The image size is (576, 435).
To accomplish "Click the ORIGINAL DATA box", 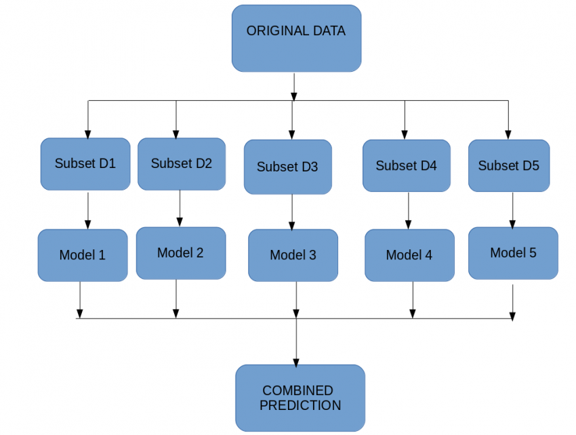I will click(x=296, y=38).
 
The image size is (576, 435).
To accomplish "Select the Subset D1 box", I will click(x=85, y=164).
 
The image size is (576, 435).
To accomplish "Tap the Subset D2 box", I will click(x=181, y=163).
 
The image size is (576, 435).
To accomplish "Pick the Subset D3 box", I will click(x=287, y=167).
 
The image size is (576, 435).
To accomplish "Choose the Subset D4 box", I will click(x=406, y=165).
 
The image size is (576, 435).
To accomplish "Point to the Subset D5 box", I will click(x=508, y=165).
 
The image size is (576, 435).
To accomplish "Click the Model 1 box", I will click(x=82, y=255).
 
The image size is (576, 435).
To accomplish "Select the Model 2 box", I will click(x=180, y=253).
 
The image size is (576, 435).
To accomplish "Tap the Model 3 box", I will click(x=293, y=255).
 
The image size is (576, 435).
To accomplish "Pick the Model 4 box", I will click(x=409, y=255).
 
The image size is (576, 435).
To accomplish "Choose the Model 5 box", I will click(x=513, y=253).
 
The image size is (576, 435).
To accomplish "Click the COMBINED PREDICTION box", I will click(x=300, y=398).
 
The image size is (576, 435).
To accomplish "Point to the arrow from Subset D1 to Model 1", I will click(x=87, y=209).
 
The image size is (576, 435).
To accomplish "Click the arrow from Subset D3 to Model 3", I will click(x=292, y=211).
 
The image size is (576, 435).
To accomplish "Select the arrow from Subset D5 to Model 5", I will click(x=512, y=209).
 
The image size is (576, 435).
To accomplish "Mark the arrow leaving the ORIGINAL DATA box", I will click(x=293, y=85).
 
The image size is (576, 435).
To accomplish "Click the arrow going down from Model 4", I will click(x=413, y=298).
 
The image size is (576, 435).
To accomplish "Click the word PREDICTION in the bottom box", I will click(x=300, y=406).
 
